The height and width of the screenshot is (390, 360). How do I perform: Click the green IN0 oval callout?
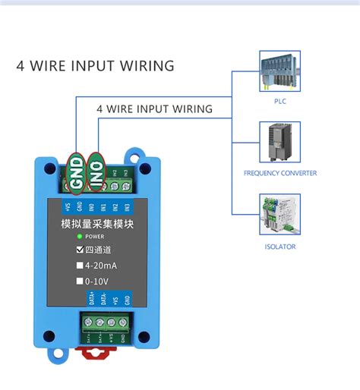pyautogui.click(x=97, y=171)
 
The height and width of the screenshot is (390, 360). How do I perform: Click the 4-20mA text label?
pyautogui.click(x=102, y=266)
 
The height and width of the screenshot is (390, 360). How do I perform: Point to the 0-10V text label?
pyautogui.click(x=99, y=281)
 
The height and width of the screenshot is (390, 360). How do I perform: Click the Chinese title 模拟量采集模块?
pyautogui.click(x=96, y=224)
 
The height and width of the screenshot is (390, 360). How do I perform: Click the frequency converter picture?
pyautogui.click(x=279, y=143)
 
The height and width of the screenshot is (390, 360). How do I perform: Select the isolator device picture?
pyautogui.click(x=279, y=216)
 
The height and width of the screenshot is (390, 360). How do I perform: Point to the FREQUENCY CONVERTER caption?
pyautogui.click(x=279, y=173)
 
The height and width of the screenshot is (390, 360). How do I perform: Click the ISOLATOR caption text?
pyautogui.click(x=279, y=247)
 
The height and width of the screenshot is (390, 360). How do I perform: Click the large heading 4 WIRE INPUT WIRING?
pyautogui.click(x=96, y=66)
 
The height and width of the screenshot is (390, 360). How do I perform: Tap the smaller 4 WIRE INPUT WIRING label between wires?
pyautogui.click(x=154, y=109)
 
